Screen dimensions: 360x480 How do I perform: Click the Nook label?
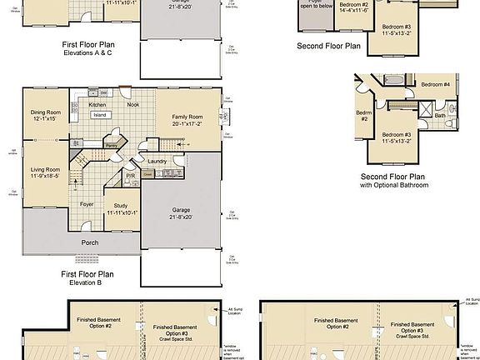click(132, 104)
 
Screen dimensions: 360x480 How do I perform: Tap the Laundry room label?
click(158, 161)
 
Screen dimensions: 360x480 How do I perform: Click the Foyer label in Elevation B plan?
click(87, 203)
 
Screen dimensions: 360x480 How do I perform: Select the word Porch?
click(90, 243)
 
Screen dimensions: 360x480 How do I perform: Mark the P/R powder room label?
click(131, 176)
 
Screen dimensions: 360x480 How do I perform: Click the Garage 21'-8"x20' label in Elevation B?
click(182, 211)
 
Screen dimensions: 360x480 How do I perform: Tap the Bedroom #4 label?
click(435, 85)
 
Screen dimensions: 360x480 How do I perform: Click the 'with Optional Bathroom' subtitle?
click(394, 185)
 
